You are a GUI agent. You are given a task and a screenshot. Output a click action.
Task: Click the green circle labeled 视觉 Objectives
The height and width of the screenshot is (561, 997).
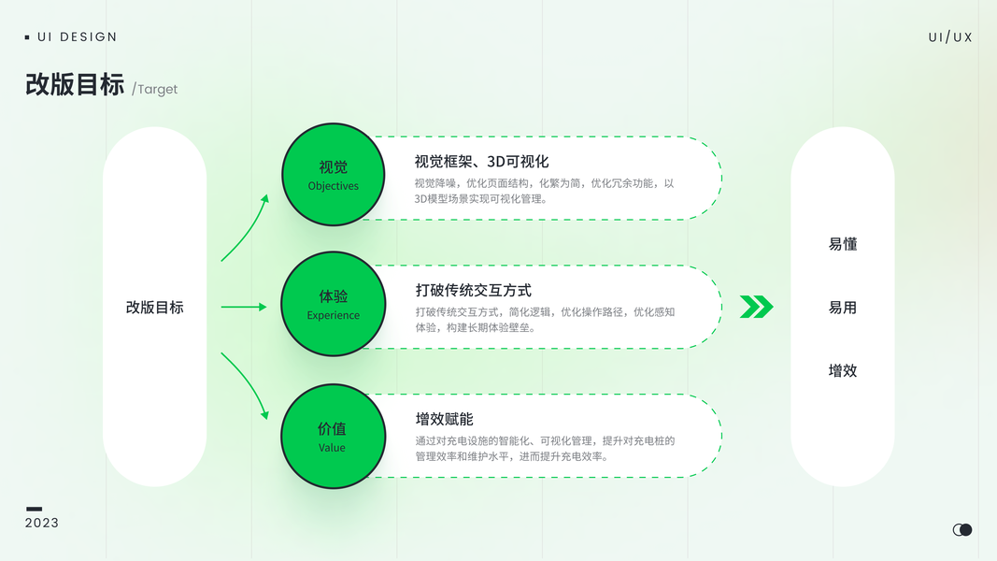point(333,175)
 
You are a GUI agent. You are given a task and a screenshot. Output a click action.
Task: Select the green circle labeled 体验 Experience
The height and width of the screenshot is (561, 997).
point(333,304)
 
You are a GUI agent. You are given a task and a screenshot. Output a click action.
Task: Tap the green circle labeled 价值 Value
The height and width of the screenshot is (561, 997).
point(333,437)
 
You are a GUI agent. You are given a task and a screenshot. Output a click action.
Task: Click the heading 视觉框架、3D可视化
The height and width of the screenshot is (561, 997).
point(481,162)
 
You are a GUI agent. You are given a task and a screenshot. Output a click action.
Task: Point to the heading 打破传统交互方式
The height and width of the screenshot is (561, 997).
point(474,291)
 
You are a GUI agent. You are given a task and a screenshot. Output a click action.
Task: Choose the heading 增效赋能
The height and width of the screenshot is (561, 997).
point(445,419)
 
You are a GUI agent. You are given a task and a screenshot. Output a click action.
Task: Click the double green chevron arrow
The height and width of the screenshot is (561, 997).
point(756,307)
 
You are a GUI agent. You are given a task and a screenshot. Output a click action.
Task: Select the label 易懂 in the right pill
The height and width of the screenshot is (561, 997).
point(842,244)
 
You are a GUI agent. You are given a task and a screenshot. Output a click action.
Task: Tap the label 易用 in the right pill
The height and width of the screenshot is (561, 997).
point(842,308)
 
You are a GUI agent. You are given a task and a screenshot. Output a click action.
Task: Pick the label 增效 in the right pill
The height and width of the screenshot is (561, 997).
point(842,370)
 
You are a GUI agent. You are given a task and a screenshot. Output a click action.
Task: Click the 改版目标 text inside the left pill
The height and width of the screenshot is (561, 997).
point(154,308)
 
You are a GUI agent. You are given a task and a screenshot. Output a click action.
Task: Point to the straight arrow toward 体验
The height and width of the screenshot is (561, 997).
point(244,307)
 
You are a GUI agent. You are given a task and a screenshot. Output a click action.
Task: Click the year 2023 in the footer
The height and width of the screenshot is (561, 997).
point(42,523)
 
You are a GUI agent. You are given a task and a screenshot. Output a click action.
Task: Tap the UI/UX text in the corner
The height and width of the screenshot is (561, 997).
point(950,37)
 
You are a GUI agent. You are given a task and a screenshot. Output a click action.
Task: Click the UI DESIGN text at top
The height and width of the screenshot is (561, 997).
point(77,37)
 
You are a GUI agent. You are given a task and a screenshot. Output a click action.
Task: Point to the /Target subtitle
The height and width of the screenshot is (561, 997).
point(155,90)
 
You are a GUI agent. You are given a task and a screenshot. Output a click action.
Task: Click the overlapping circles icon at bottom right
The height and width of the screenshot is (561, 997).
point(962,530)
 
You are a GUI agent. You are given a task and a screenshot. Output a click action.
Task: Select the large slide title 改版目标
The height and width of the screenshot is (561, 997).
point(75,85)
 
